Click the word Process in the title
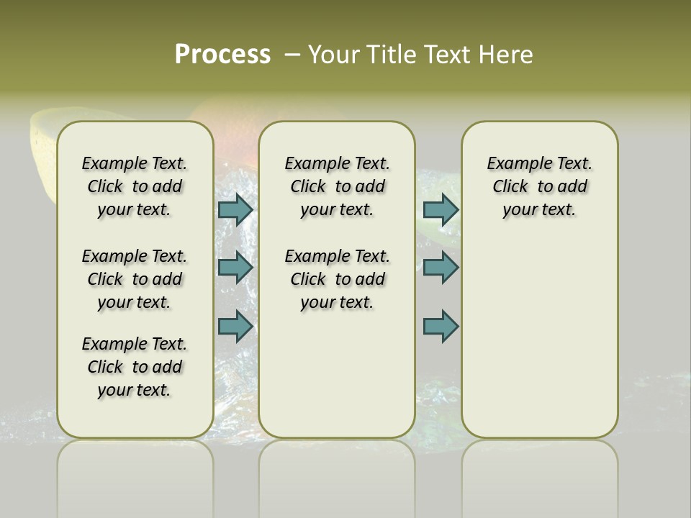(x=222, y=55)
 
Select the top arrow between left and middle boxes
(x=235, y=209)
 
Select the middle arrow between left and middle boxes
(x=235, y=268)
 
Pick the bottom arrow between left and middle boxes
(x=235, y=326)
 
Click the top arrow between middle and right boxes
(x=441, y=209)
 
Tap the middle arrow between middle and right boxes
(x=441, y=268)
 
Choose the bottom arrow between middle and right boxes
(x=441, y=326)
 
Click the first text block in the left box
(x=135, y=186)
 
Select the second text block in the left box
(x=135, y=279)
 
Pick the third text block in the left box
(x=135, y=367)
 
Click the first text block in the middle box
(x=337, y=186)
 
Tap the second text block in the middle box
(x=337, y=279)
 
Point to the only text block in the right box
(x=539, y=186)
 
